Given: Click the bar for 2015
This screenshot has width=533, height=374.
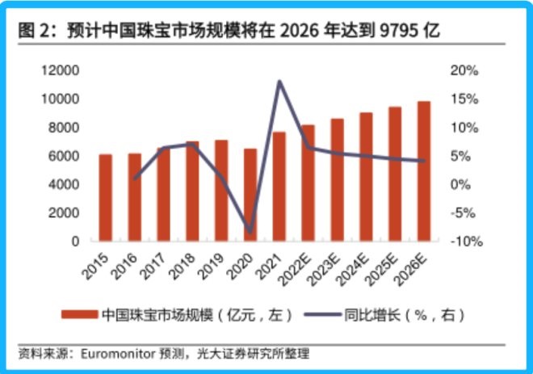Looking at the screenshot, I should coord(106,198).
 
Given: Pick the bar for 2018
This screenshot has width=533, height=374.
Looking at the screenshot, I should coord(192,191).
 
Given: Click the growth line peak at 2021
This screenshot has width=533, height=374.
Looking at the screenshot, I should coord(279,81).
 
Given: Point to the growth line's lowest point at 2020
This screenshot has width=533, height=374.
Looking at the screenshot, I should coord(250,232).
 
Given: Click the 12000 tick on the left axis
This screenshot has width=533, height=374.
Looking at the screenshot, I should coord(61,71).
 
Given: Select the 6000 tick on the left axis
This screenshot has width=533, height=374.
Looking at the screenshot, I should coord(65,156).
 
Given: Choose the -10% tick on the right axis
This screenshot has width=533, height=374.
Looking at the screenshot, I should coord(464,242).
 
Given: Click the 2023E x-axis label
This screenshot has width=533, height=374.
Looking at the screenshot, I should coord(329,267).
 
